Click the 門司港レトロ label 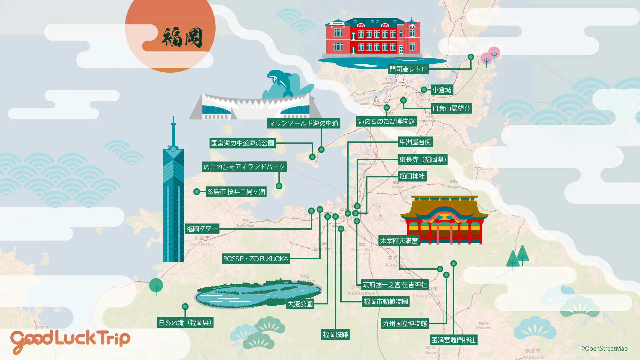pyautogui.click(x=408, y=69)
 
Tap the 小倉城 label pyautogui.click(x=442, y=90)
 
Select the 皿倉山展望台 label pyautogui.click(x=451, y=108)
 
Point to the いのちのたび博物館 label pyautogui.click(x=386, y=121)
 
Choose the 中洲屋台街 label pyautogui.click(x=415, y=142)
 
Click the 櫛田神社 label pyautogui.click(x=412, y=176)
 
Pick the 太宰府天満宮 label pyautogui.click(x=399, y=241)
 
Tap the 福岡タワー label pyautogui.click(x=202, y=229)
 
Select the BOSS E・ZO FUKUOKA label pyautogui.click(x=256, y=259)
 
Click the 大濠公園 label pyautogui.click(x=300, y=304)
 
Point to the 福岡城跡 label pyautogui.click(x=335, y=335)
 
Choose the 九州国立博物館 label pyautogui.click(x=405, y=324)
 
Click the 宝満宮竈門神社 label pyautogui.click(x=453, y=340)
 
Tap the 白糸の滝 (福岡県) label pyautogui.click(x=185, y=323)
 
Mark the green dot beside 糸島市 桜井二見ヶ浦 pyautogui.click(x=197, y=192)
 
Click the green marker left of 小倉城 pyautogui.click(x=424, y=90)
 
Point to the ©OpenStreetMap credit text pyautogui.click(x=604, y=349)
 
